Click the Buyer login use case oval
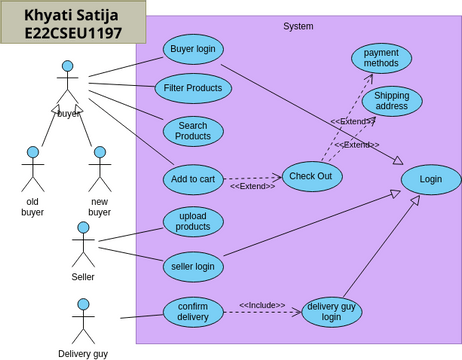click(x=193, y=48)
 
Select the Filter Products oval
click(x=193, y=88)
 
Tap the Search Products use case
click(x=193, y=130)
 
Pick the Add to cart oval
click(x=193, y=179)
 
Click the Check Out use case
click(x=312, y=176)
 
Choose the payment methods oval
click(x=381, y=57)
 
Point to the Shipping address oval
click(x=392, y=101)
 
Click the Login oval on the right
click(x=431, y=179)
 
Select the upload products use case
click(x=193, y=221)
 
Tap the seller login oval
click(x=193, y=266)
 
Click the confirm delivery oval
click(x=193, y=311)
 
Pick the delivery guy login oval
click(x=331, y=312)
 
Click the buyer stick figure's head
click(x=67, y=67)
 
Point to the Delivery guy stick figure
click(x=82, y=319)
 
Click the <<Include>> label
click(x=261, y=305)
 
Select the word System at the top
click(x=298, y=26)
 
